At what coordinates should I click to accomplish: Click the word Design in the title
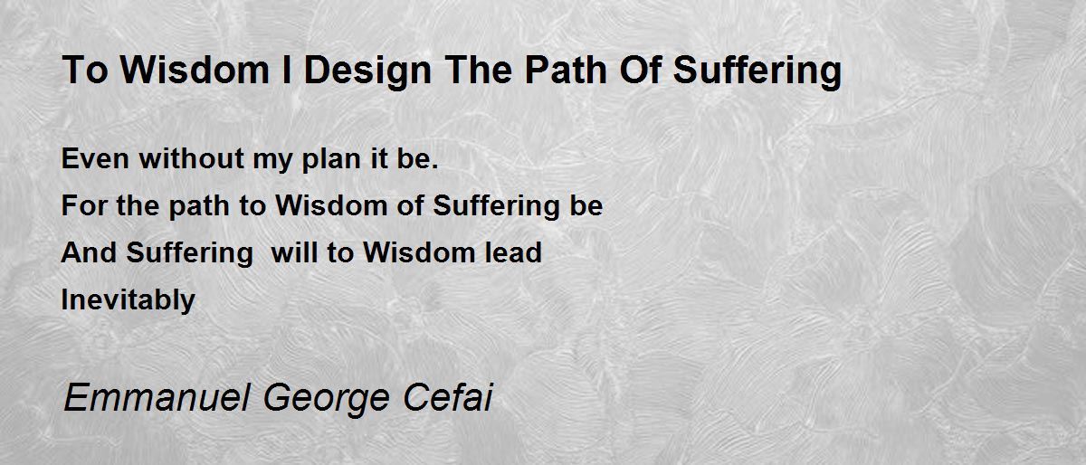(x=367, y=71)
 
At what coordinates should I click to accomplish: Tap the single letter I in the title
(x=287, y=70)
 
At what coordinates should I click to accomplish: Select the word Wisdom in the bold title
(x=195, y=70)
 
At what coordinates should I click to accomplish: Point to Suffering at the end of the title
(x=757, y=71)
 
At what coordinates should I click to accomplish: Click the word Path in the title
(x=567, y=70)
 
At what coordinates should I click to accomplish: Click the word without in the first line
(x=192, y=158)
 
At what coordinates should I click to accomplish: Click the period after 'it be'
(x=434, y=166)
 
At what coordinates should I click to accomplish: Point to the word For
(x=84, y=205)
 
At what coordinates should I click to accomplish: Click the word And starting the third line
(x=89, y=252)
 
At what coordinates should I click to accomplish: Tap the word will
(x=294, y=252)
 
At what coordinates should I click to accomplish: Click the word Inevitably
(x=128, y=300)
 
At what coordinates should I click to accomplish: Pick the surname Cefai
(x=447, y=397)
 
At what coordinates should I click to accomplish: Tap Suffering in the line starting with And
(x=189, y=253)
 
